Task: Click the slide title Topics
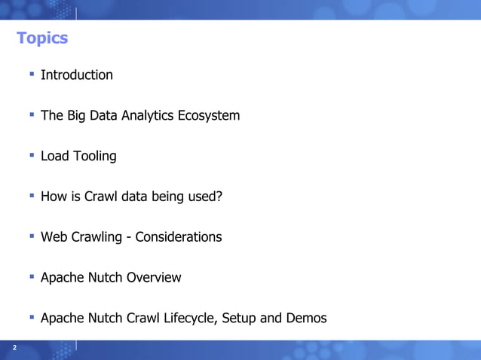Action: click(x=42, y=38)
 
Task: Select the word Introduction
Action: click(x=76, y=75)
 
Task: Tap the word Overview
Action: click(x=154, y=277)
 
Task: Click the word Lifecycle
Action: click(x=188, y=318)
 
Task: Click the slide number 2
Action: click(x=14, y=347)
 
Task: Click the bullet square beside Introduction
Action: click(x=32, y=74)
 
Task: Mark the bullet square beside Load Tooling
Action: click(x=32, y=155)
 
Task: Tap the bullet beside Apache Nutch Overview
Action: click(x=32, y=276)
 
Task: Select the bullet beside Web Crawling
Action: click(x=32, y=236)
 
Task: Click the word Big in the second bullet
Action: click(x=78, y=115)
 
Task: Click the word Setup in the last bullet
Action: click(x=240, y=318)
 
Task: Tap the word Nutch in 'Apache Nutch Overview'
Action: click(x=104, y=277)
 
